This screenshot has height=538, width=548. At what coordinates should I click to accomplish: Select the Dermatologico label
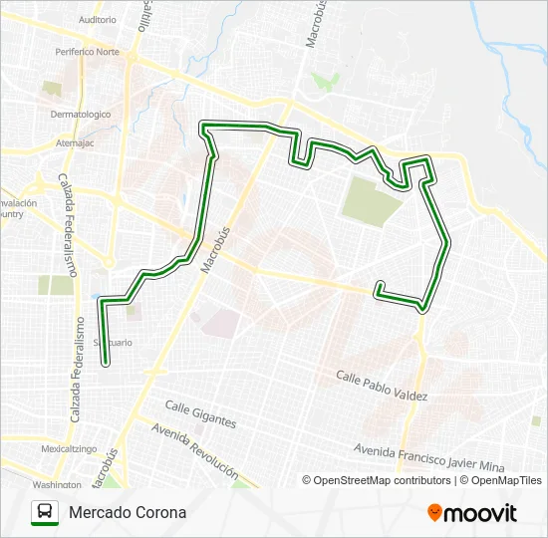click(81, 114)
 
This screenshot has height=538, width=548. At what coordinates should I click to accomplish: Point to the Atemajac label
click(75, 142)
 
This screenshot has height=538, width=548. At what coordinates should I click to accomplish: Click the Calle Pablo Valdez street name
click(382, 387)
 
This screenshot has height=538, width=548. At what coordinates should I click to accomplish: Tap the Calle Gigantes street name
click(200, 414)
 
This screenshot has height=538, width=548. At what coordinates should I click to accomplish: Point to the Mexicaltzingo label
click(69, 449)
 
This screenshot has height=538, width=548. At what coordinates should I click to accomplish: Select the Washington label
click(56, 484)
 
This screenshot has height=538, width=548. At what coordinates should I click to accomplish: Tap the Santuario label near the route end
click(113, 342)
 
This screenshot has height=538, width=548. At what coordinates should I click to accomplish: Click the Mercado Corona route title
click(128, 513)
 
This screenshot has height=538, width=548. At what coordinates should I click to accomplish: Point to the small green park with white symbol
click(321, 79)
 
